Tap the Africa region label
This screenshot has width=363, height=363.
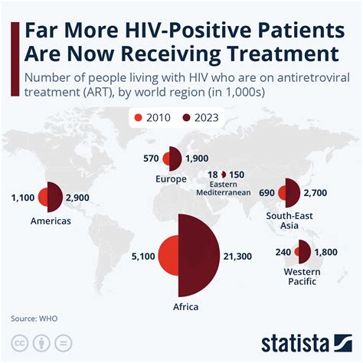185,307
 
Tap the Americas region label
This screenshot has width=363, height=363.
51,221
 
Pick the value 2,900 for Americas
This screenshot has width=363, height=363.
82,198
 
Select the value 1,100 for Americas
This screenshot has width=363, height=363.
23,198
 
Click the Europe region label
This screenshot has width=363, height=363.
171,180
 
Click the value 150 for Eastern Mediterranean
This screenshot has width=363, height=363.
236,175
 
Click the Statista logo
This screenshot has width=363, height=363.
305,341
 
